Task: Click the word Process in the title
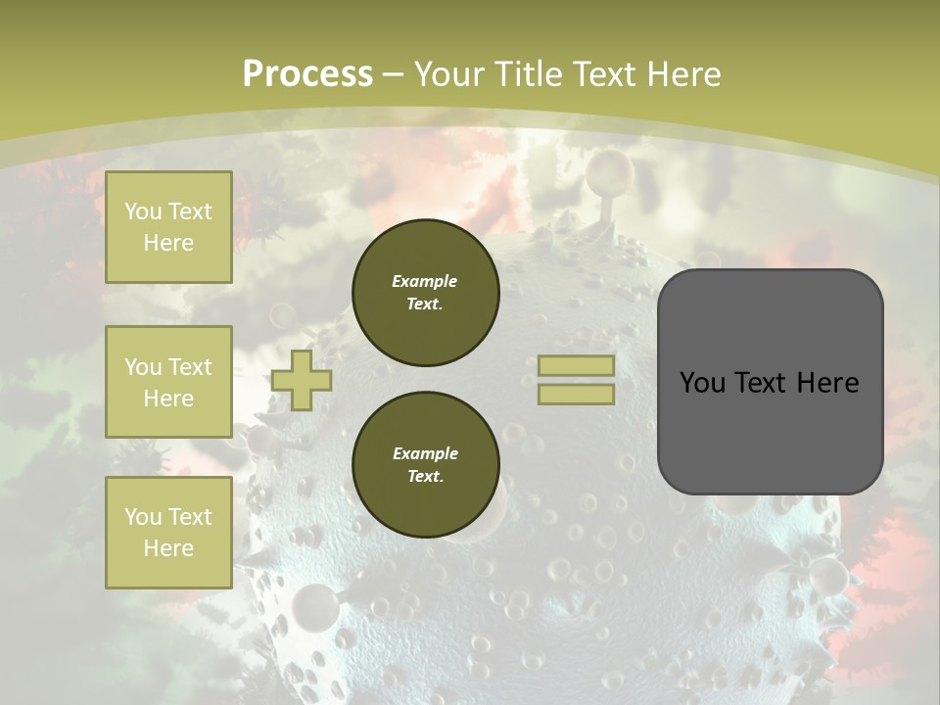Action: (307, 73)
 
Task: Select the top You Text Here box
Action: (168, 227)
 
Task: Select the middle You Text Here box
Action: (168, 382)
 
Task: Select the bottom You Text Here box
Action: (168, 533)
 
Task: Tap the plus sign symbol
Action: (302, 381)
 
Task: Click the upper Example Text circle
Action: (426, 293)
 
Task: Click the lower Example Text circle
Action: (426, 465)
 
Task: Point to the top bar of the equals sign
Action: (576, 365)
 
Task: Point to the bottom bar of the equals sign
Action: (576, 395)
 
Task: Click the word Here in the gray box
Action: (826, 383)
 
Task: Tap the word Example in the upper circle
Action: (425, 281)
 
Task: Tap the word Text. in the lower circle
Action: (425, 477)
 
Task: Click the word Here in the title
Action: (681, 73)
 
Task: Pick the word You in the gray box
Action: (701, 383)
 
